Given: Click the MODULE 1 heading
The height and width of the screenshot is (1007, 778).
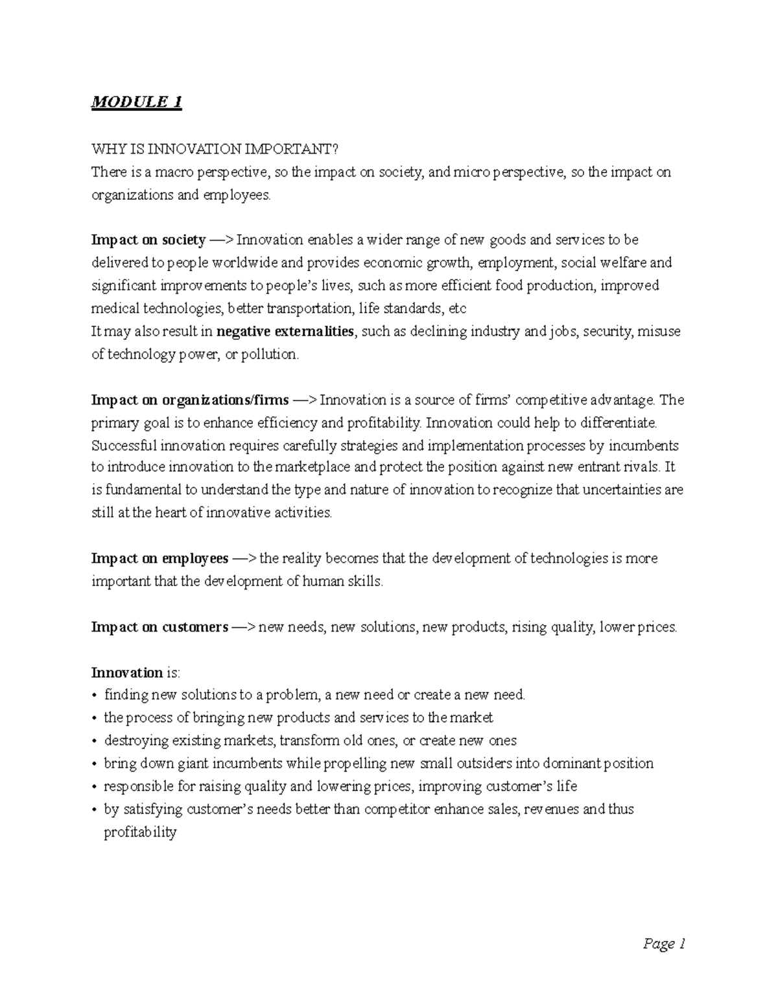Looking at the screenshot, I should [x=136, y=102].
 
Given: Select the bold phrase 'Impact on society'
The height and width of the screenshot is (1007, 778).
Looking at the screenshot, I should [x=148, y=240].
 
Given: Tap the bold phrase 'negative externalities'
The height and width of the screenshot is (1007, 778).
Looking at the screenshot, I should [x=285, y=332].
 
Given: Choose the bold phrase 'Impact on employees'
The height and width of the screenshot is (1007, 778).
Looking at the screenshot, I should [x=159, y=558].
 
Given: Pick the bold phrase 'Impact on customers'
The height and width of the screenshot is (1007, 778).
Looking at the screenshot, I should [x=159, y=627].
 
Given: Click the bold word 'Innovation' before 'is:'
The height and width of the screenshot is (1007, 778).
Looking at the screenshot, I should [x=126, y=672].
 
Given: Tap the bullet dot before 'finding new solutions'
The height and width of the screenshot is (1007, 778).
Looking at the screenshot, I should [x=95, y=696].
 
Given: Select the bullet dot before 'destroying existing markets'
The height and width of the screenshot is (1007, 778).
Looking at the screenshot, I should [x=95, y=741].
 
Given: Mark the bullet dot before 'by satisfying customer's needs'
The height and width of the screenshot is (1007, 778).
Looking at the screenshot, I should [x=95, y=810].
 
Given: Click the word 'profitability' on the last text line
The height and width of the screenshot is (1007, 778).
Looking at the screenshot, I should [x=140, y=833].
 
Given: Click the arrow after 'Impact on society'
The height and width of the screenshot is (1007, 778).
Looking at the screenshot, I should [x=221, y=240].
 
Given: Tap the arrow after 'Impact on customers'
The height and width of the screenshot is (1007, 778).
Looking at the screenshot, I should [x=243, y=627].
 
